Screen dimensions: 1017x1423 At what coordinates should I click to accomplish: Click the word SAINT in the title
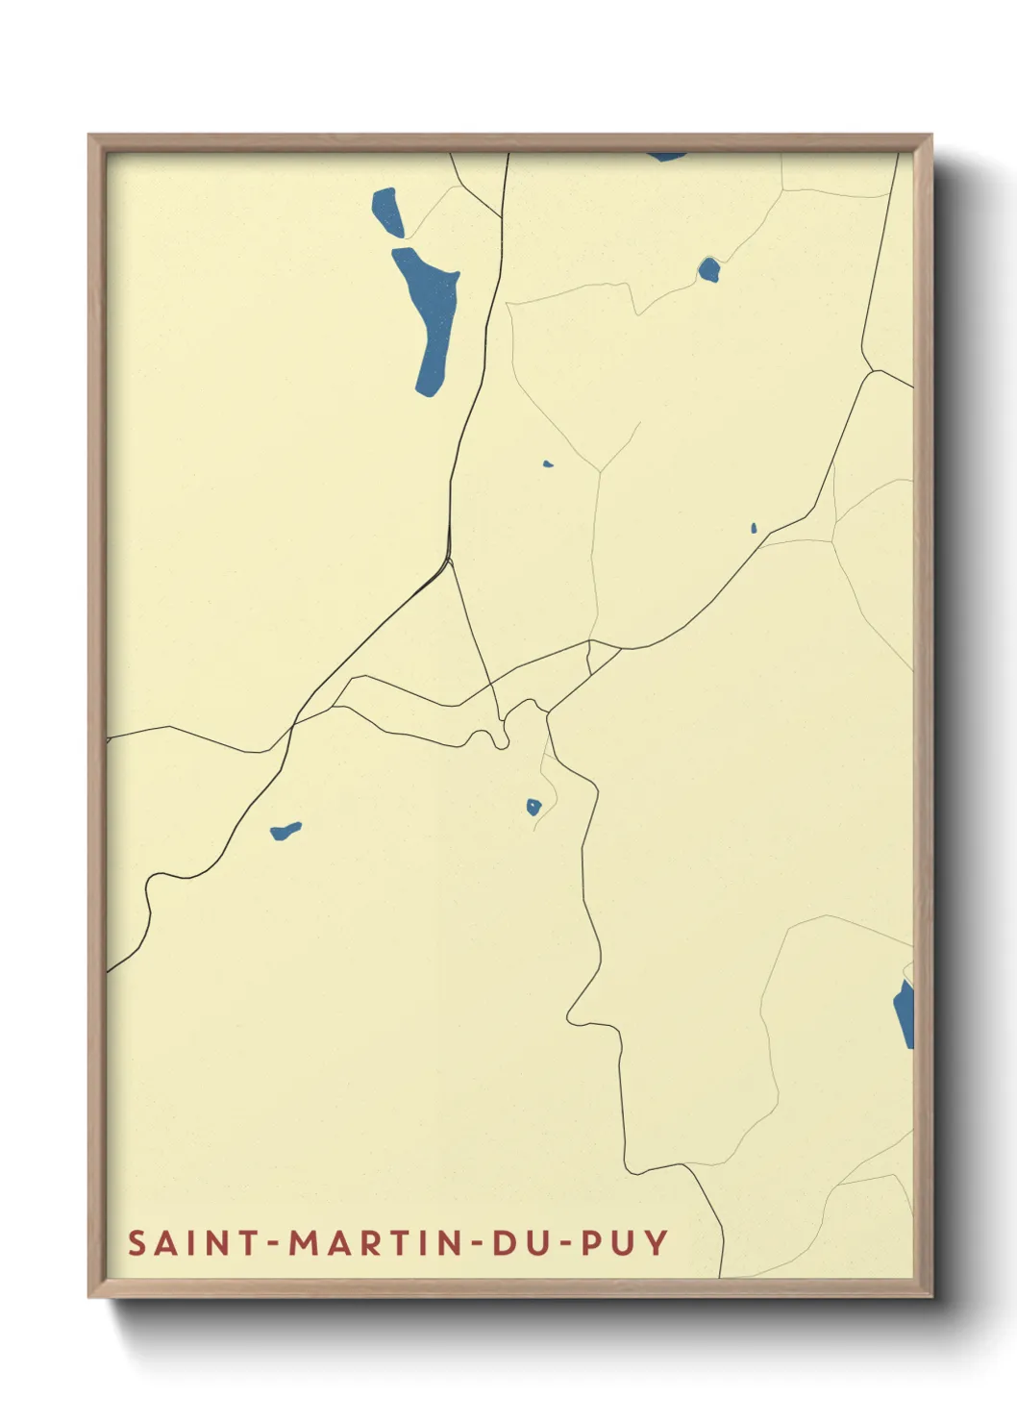click(192, 1242)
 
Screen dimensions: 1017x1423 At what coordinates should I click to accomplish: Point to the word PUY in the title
click(625, 1242)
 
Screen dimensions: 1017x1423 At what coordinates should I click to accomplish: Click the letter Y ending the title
click(657, 1242)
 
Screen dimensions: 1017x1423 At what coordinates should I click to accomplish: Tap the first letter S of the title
click(136, 1242)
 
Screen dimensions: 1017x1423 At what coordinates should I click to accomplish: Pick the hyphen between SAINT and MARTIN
click(273, 1243)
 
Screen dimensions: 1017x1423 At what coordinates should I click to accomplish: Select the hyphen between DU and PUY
click(566, 1243)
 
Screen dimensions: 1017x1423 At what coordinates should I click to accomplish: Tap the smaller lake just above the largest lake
click(387, 212)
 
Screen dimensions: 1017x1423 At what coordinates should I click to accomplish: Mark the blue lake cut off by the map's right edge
click(905, 1013)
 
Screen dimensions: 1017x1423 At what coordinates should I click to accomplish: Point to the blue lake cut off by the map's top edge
click(666, 156)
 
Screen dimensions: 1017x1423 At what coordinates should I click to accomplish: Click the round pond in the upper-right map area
click(708, 269)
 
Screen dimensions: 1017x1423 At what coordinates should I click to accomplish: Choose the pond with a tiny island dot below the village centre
click(533, 807)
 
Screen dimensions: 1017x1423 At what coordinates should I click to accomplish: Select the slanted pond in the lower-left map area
click(285, 830)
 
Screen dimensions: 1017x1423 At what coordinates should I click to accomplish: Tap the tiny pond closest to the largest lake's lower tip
click(548, 463)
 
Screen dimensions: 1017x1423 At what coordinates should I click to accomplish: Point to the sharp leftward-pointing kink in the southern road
click(570, 1012)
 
